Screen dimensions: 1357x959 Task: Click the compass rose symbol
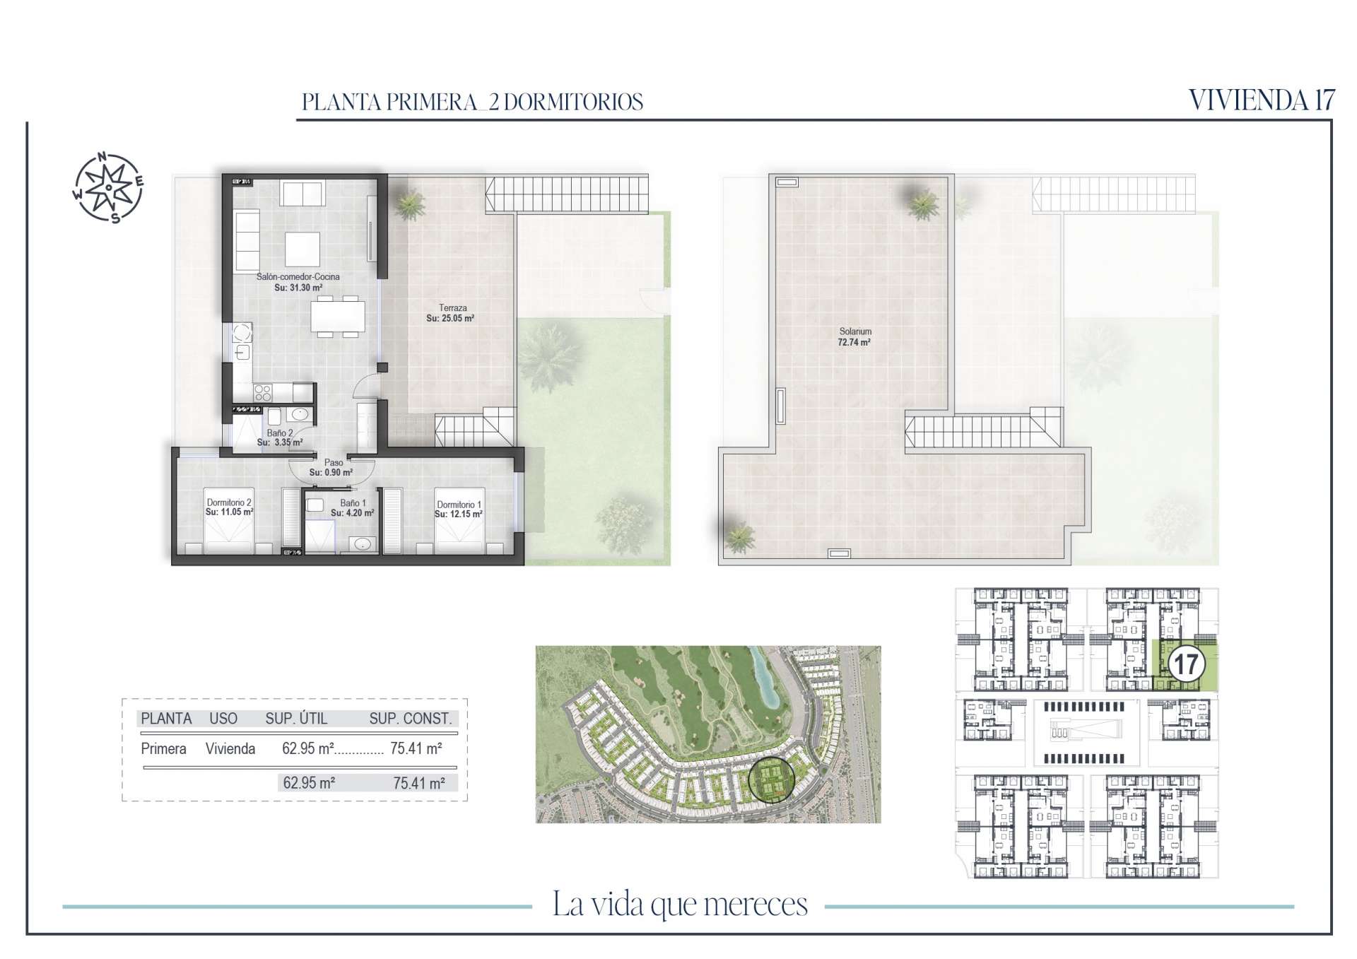click(x=108, y=187)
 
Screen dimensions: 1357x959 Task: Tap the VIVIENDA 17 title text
click(x=1262, y=100)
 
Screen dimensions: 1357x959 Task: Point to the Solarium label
click(x=855, y=331)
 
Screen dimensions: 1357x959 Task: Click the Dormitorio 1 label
click(x=459, y=505)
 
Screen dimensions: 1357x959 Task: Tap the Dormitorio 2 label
click(x=229, y=502)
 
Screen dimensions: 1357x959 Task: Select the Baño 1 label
click(x=353, y=503)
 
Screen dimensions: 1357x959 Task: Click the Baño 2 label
click(x=280, y=433)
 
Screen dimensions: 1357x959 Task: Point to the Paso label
click(x=334, y=463)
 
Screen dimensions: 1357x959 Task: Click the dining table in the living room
click(x=339, y=316)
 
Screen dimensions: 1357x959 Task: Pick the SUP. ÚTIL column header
click(x=296, y=719)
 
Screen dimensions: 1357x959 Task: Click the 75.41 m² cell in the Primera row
click(x=416, y=748)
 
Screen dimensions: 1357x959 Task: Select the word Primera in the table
click(x=163, y=748)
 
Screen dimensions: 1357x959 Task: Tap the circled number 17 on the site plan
click(x=1186, y=664)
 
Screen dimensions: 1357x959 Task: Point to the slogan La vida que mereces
click(x=680, y=905)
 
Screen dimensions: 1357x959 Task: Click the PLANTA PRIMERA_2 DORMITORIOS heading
click(x=472, y=102)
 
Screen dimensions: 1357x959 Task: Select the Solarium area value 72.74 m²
click(x=855, y=342)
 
